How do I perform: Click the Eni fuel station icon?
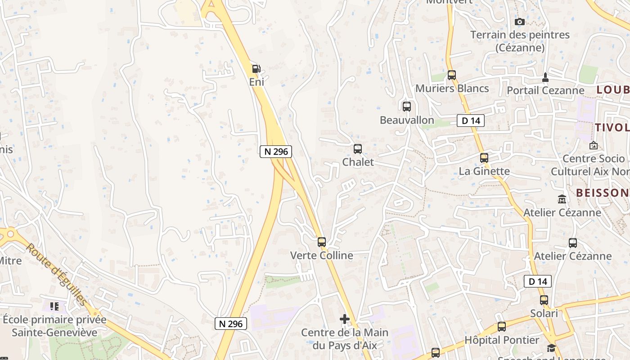(256, 69)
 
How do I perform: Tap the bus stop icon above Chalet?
(358, 148)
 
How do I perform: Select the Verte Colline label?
(321, 255)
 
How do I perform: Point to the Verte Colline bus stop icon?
(321, 242)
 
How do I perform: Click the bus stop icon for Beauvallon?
(407, 107)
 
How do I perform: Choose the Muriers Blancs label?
(452, 88)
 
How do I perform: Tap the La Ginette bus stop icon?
(484, 158)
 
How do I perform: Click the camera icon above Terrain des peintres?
(519, 22)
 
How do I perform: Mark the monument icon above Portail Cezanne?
(545, 77)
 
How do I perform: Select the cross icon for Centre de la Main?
(345, 319)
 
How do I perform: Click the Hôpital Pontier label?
(501, 340)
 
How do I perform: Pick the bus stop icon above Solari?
(544, 300)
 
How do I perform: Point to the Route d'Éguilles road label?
(57, 274)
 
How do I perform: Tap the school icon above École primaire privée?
(54, 306)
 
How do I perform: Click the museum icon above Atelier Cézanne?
(562, 199)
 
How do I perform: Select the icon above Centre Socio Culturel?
(593, 145)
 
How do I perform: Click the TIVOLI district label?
(612, 127)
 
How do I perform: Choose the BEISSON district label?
(603, 193)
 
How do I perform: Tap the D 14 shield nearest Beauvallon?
(471, 120)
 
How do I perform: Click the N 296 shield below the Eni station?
(276, 152)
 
